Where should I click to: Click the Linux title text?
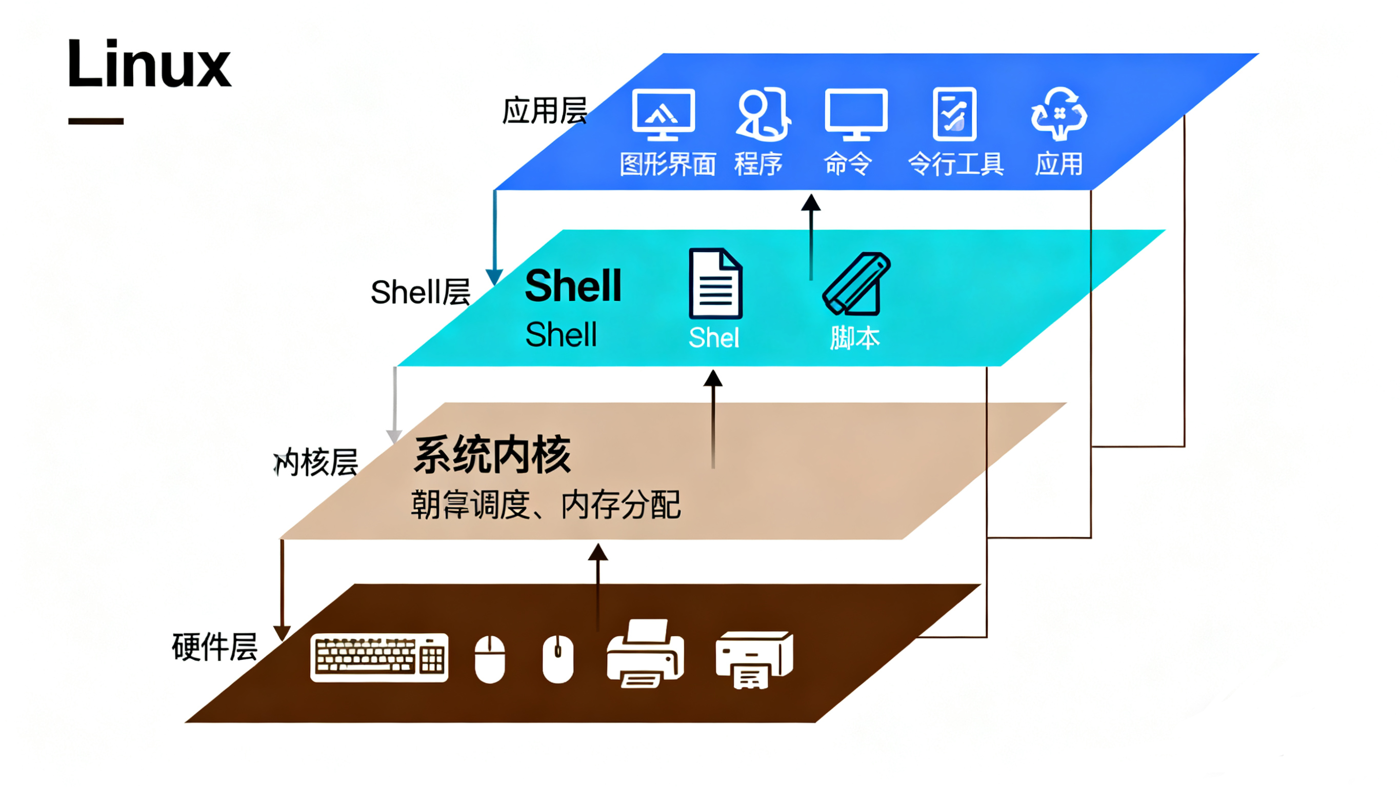coord(149,64)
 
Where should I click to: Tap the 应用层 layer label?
coord(544,111)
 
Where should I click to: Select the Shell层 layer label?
coord(420,292)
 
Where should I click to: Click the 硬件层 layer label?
coord(215,647)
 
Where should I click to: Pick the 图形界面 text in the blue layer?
coord(668,164)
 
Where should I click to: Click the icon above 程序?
coord(763,114)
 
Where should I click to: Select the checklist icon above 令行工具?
coord(954,114)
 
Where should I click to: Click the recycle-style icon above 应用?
coord(1058,114)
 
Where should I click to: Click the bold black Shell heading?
coord(573,286)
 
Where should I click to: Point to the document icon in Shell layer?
coord(715,283)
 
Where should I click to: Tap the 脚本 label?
coord(854,338)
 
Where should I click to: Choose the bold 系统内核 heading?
coord(492,455)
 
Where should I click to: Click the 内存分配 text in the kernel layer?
coord(621,505)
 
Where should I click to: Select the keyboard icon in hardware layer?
coord(379,658)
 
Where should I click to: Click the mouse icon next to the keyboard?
coord(490,659)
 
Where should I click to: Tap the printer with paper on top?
coord(645,654)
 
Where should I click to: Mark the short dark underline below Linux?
coord(96,121)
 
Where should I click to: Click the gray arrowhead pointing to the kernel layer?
coord(394,436)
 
